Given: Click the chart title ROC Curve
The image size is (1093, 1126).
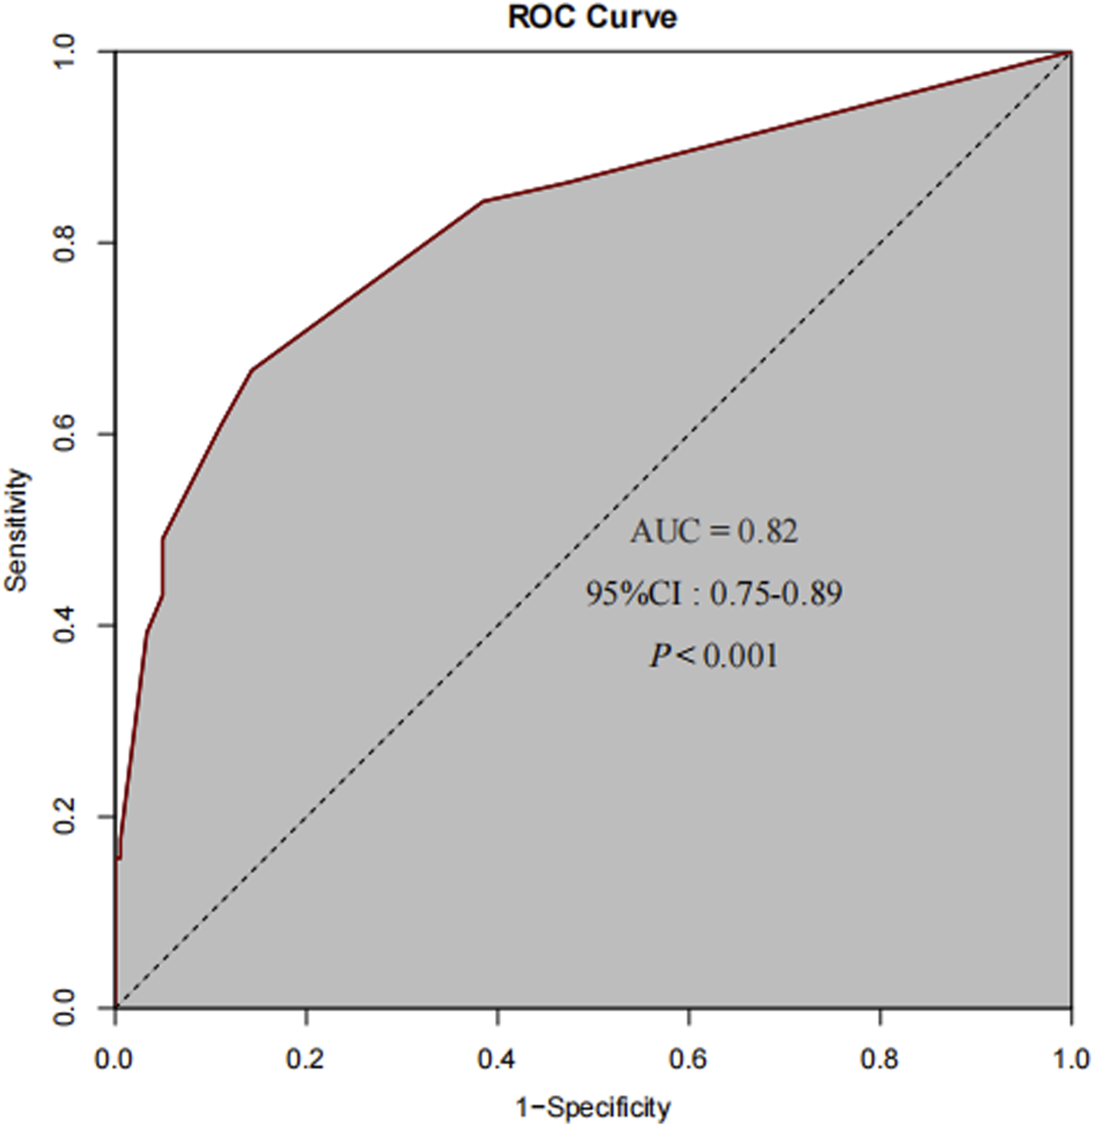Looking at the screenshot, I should pos(592,17).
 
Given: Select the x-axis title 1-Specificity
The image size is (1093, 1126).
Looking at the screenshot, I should pos(593,1108).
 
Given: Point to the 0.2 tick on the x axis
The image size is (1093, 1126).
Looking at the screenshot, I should pos(306,1059).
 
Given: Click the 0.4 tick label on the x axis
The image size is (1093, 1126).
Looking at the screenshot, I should pos(498,1059).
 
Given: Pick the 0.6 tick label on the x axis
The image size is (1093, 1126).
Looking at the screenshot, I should pos(689,1059).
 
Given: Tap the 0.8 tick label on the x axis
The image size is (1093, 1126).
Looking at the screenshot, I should pos(881,1059).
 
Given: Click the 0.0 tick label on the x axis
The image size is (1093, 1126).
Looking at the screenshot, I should pos(115,1059).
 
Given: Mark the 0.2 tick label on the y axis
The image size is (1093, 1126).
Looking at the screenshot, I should pos(66,817).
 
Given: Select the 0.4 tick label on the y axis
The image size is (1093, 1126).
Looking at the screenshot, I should pos(66,625).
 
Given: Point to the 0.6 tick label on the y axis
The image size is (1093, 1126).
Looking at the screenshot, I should pos(66,434).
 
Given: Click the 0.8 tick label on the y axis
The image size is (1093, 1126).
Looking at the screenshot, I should pos(66,242).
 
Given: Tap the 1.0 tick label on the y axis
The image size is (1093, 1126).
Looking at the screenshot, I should pos(66,52).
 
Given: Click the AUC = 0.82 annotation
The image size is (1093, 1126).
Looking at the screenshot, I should pos(714,531).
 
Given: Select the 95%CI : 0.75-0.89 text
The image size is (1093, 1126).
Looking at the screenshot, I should pos(714,594).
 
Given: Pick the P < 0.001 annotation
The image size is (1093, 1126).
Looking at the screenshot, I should pos(714,656).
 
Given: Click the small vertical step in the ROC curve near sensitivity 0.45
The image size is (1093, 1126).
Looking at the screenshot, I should pos(163,568).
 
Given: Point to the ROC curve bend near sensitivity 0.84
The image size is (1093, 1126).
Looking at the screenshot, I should pos(484,201).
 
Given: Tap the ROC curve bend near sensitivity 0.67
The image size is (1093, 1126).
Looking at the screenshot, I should pos(252,370).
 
